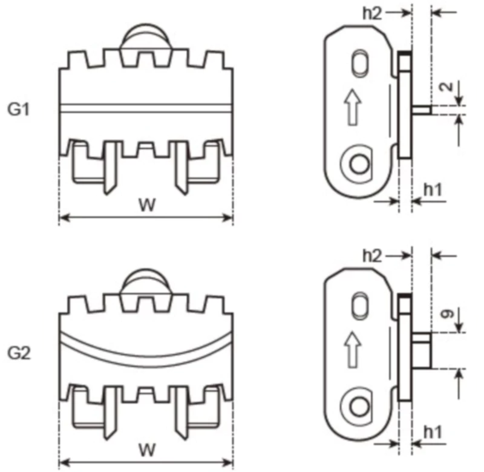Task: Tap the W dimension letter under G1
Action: pos(145,205)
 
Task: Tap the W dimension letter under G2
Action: pos(145,450)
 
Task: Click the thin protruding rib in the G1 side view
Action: pos(421,110)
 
